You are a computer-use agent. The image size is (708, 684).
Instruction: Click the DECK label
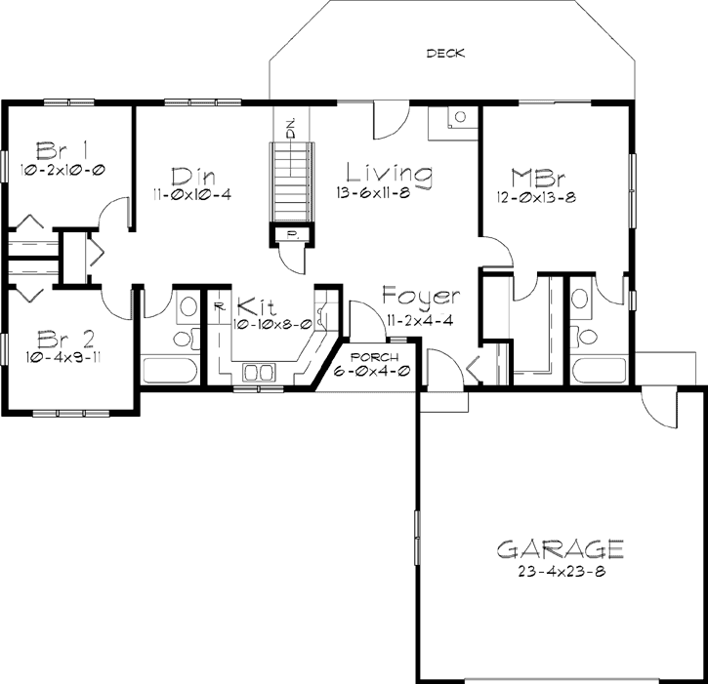coord(445,54)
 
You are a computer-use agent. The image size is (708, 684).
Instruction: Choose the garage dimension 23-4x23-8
coord(560,571)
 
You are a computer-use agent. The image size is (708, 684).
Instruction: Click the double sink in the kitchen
coord(258,372)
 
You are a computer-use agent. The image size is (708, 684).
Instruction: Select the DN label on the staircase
coord(291,125)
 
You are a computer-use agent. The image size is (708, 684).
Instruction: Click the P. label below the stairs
coord(292,234)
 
